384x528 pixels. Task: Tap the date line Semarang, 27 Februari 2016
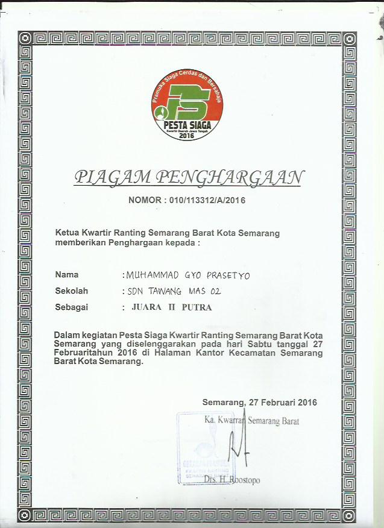point(260,402)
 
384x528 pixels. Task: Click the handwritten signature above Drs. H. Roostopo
point(238,445)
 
